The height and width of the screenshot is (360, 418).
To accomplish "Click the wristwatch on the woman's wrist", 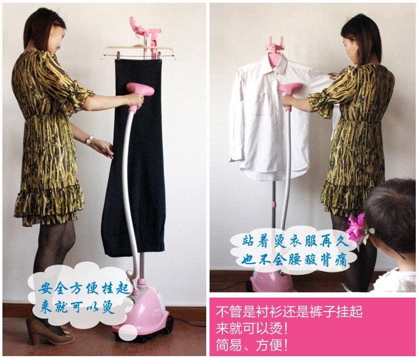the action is [90, 140].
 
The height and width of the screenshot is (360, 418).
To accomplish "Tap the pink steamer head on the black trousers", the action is [140, 89].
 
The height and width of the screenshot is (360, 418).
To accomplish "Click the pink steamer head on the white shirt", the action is [290, 87].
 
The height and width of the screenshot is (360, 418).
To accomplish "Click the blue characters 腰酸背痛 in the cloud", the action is [319, 259].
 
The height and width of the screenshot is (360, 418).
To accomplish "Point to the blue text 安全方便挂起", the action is [84, 288].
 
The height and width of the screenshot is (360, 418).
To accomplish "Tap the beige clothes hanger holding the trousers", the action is [138, 52].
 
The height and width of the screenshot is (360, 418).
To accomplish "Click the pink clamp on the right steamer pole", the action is [273, 205].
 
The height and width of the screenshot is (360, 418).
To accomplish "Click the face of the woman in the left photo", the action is [59, 38].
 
